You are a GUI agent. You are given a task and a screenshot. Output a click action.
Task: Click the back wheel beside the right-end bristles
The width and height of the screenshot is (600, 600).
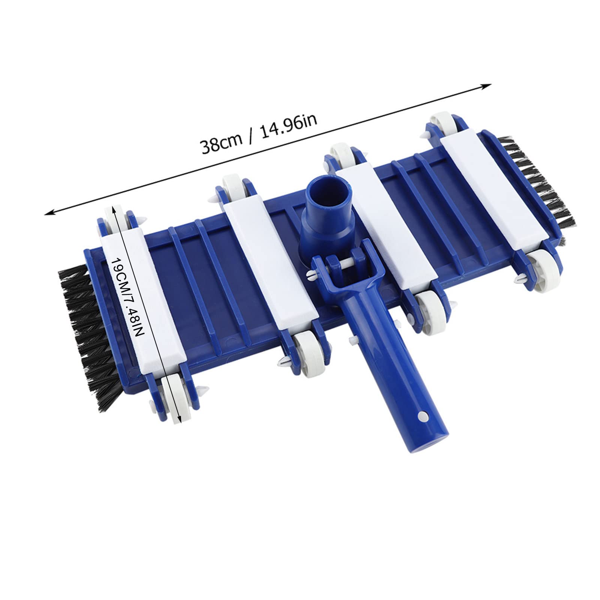pos(442,122)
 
